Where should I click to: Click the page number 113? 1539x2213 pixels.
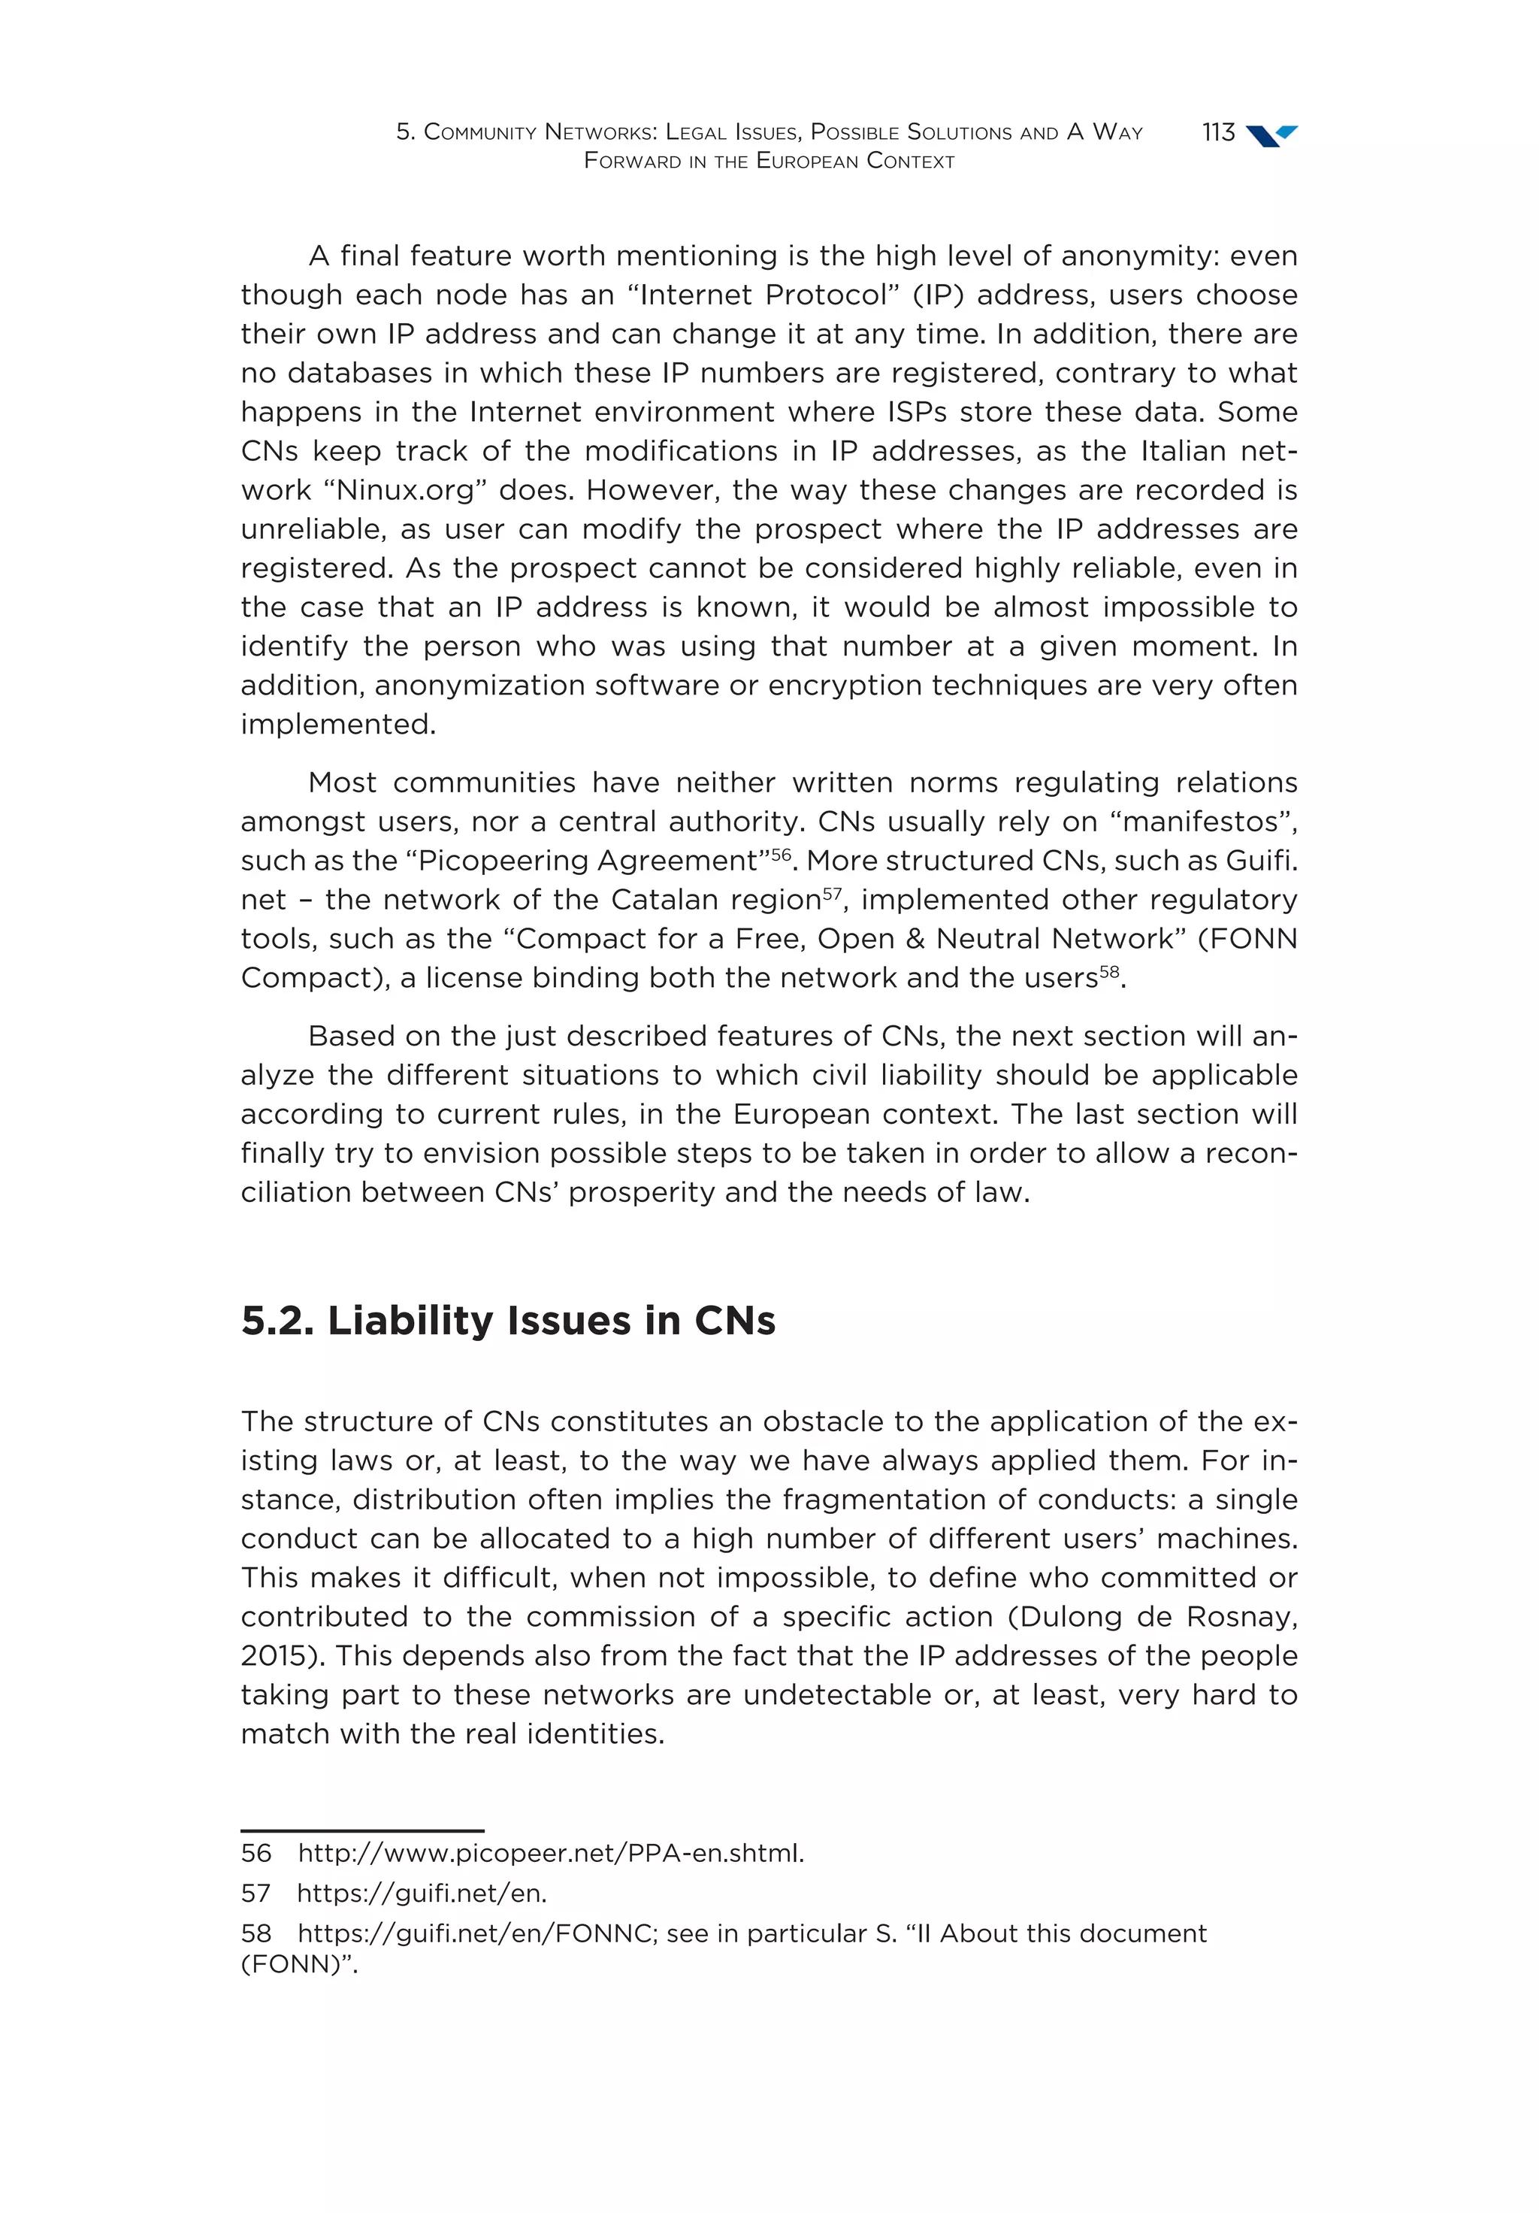tap(1217, 132)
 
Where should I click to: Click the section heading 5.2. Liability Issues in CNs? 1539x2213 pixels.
tap(508, 1321)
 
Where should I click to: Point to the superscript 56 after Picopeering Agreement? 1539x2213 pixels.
tap(779, 854)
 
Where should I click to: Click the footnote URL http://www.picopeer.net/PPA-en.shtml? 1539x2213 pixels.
tap(550, 1852)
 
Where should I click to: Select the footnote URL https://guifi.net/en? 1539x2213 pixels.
tap(421, 1893)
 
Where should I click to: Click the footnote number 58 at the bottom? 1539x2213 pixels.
tap(255, 1933)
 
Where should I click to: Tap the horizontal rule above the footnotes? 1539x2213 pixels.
tap(361, 1830)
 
